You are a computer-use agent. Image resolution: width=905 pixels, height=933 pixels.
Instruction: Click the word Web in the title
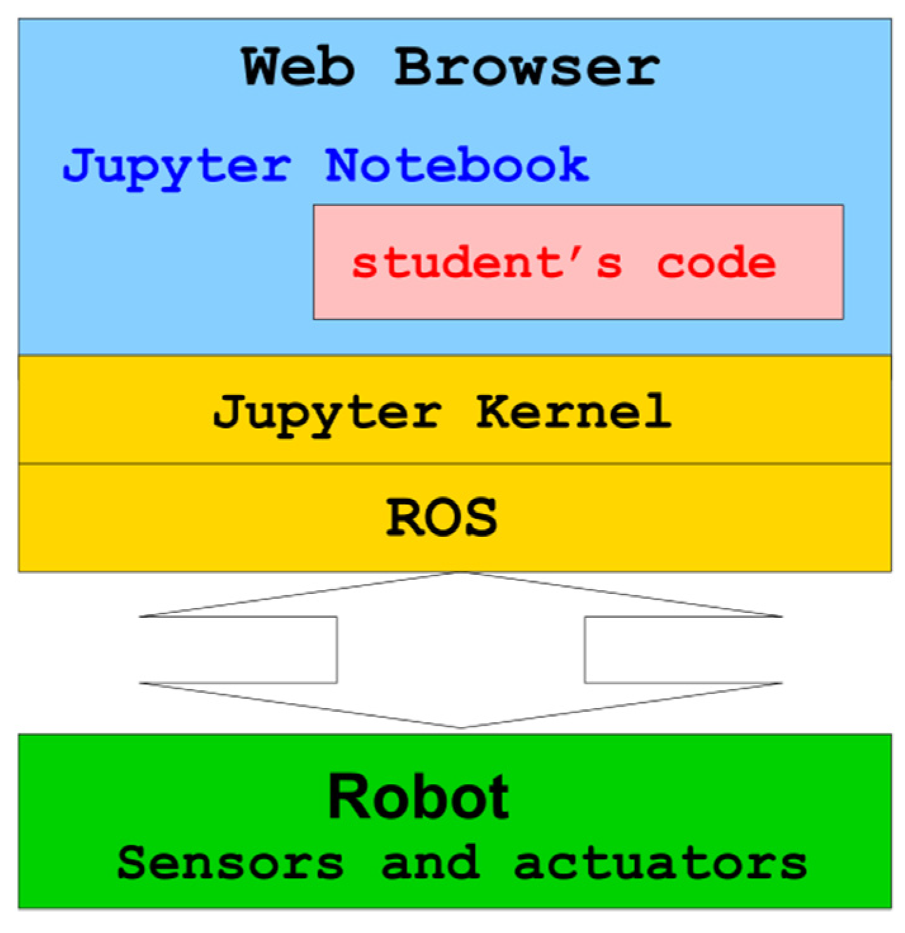[298, 67]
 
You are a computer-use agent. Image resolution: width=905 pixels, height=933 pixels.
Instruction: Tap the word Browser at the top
[527, 67]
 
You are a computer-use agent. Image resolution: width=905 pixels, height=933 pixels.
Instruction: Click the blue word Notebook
[457, 165]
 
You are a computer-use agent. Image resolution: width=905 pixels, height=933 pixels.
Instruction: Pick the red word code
[716, 263]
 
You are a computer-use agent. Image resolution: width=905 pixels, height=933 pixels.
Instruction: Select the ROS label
[442, 517]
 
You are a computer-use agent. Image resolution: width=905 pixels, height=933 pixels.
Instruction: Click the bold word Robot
[418, 797]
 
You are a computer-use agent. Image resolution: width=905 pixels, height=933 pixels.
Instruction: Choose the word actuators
[660, 863]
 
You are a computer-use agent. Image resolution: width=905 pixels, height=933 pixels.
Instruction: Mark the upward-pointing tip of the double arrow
[461, 574]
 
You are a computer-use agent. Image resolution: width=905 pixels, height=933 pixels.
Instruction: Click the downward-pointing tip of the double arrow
[461, 726]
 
